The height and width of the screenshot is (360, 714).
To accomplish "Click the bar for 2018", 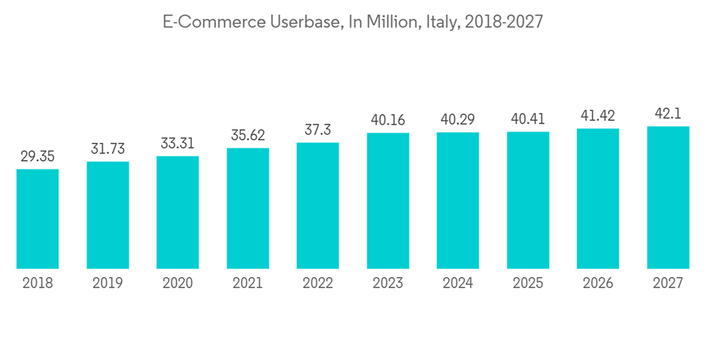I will point(38,219).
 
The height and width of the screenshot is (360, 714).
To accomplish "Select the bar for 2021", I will point(248,209).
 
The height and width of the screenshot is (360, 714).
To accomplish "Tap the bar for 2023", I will point(388,201).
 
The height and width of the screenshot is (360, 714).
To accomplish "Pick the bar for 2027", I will point(668,198).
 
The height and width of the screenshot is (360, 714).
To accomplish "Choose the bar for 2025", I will point(528,201).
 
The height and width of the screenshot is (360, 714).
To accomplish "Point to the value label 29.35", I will point(38,156).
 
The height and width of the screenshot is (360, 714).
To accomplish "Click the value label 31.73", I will point(108,149).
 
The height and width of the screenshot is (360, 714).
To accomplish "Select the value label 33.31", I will point(178,143).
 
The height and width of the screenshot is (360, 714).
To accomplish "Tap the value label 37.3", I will point(318,130).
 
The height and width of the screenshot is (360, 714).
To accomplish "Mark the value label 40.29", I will point(458,119).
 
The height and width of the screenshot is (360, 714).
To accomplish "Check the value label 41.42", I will point(598,116).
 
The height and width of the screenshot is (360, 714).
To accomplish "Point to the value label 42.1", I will point(668,114).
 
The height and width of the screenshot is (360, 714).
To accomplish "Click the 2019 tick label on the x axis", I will point(108,284).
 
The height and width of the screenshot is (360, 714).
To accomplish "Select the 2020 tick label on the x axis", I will point(178,284).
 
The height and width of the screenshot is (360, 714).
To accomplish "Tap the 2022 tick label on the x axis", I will point(318,284).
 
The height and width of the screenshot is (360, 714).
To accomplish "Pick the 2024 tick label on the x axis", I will point(458,284).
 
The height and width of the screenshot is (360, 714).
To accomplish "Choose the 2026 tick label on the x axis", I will point(598,284).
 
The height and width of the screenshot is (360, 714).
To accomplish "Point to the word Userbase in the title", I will point(301,22).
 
